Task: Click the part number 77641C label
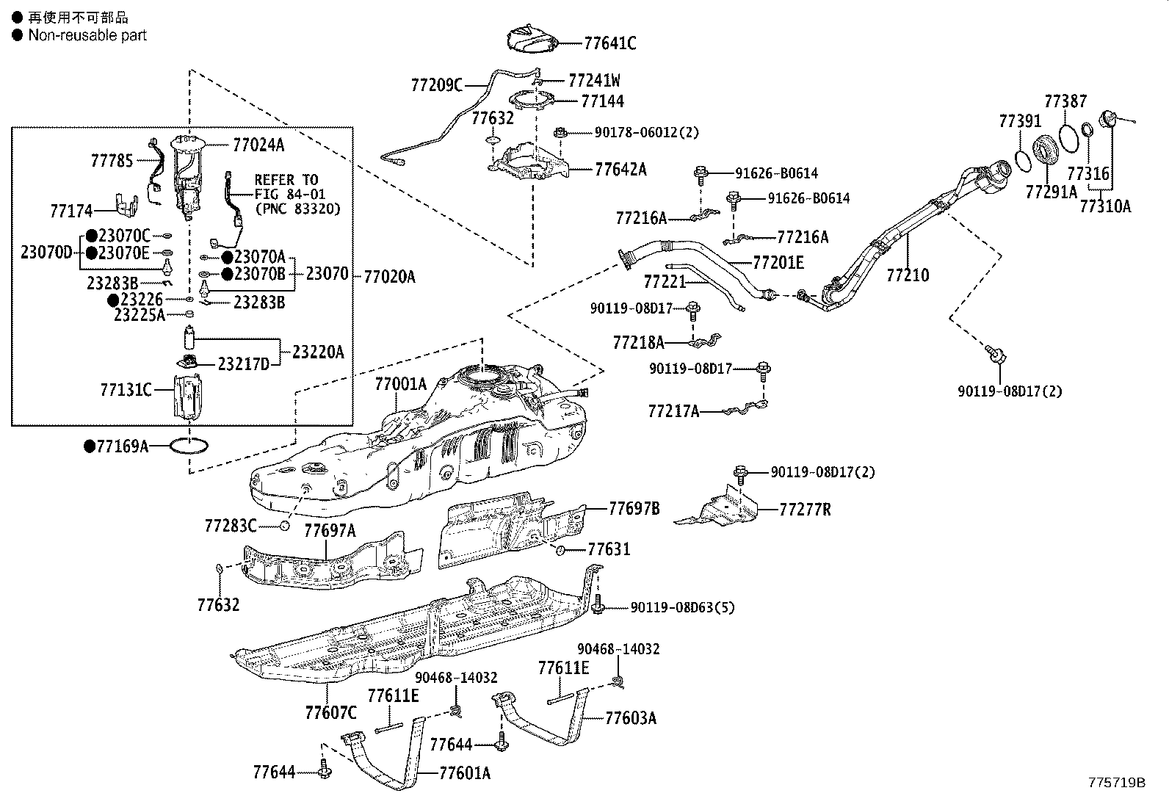609,43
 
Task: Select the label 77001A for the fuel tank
400,384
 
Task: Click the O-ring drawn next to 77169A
189,445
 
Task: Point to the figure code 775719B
1116,783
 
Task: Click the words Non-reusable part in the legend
87,35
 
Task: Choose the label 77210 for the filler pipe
908,275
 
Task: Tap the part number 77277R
805,509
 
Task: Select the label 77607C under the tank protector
330,712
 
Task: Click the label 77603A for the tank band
631,718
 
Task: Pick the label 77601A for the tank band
465,772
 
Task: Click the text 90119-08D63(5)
682,607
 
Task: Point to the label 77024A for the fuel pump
258,145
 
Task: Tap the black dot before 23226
113,300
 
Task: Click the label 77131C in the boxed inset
126,390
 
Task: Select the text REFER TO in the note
286,180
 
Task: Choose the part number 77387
1065,101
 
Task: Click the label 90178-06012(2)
646,133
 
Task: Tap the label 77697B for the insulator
634,508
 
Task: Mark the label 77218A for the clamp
638,342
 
